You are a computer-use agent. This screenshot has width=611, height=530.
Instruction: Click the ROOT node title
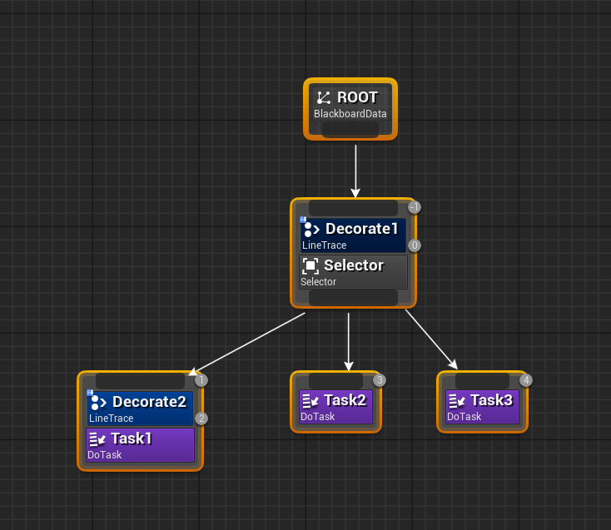click(357, 97)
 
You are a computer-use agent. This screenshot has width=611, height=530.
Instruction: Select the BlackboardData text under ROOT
click(350, 114)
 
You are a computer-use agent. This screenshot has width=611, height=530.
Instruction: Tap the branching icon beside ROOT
click(324, 98)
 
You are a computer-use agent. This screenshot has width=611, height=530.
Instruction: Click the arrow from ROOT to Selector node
click(355, 171)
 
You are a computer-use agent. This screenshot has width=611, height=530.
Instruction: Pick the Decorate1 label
click(361, 229)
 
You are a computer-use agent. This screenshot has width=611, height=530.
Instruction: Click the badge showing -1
click(415, 207)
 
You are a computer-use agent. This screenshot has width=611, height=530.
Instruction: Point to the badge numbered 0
click(415, 245)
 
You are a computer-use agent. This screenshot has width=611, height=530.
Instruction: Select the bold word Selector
click(353, 265)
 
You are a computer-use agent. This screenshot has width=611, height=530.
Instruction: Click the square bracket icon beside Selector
click(310, 266)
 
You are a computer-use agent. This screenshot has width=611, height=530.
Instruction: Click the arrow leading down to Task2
click(349, 341)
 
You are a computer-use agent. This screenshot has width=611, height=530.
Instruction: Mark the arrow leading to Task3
click(431, 339)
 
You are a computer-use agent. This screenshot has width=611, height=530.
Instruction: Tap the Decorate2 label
click(149, 402)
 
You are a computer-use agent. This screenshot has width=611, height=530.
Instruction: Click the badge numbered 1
click(201, 380)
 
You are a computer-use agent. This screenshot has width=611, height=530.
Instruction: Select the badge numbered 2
click(201, 419)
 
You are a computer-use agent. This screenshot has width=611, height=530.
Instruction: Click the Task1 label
click(131, 438)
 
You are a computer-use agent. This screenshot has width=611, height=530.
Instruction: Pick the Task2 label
click(345, 400)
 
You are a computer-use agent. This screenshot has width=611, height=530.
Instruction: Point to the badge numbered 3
click(380, 380)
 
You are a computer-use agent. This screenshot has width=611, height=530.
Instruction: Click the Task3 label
click(491, 400)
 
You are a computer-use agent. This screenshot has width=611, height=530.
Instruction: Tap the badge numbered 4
click(526, 380)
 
